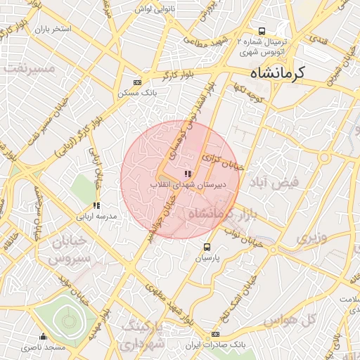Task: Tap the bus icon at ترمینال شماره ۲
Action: pos(262,32)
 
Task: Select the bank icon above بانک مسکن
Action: pos(136,82)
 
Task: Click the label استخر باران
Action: pos(53,30)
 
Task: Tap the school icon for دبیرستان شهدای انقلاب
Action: pos(187,174)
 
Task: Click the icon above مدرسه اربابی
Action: pos(96,205)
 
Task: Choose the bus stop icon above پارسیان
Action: pos(207,247)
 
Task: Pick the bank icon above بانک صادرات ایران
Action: pos(215,334)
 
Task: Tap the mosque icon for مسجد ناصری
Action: pos(44,336)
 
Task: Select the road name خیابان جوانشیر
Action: pos(160,219)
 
